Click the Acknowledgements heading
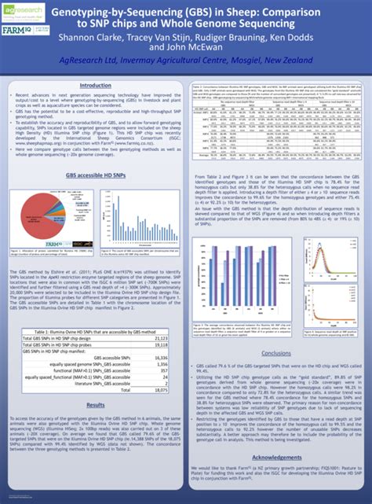click(x=270, y=455)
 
